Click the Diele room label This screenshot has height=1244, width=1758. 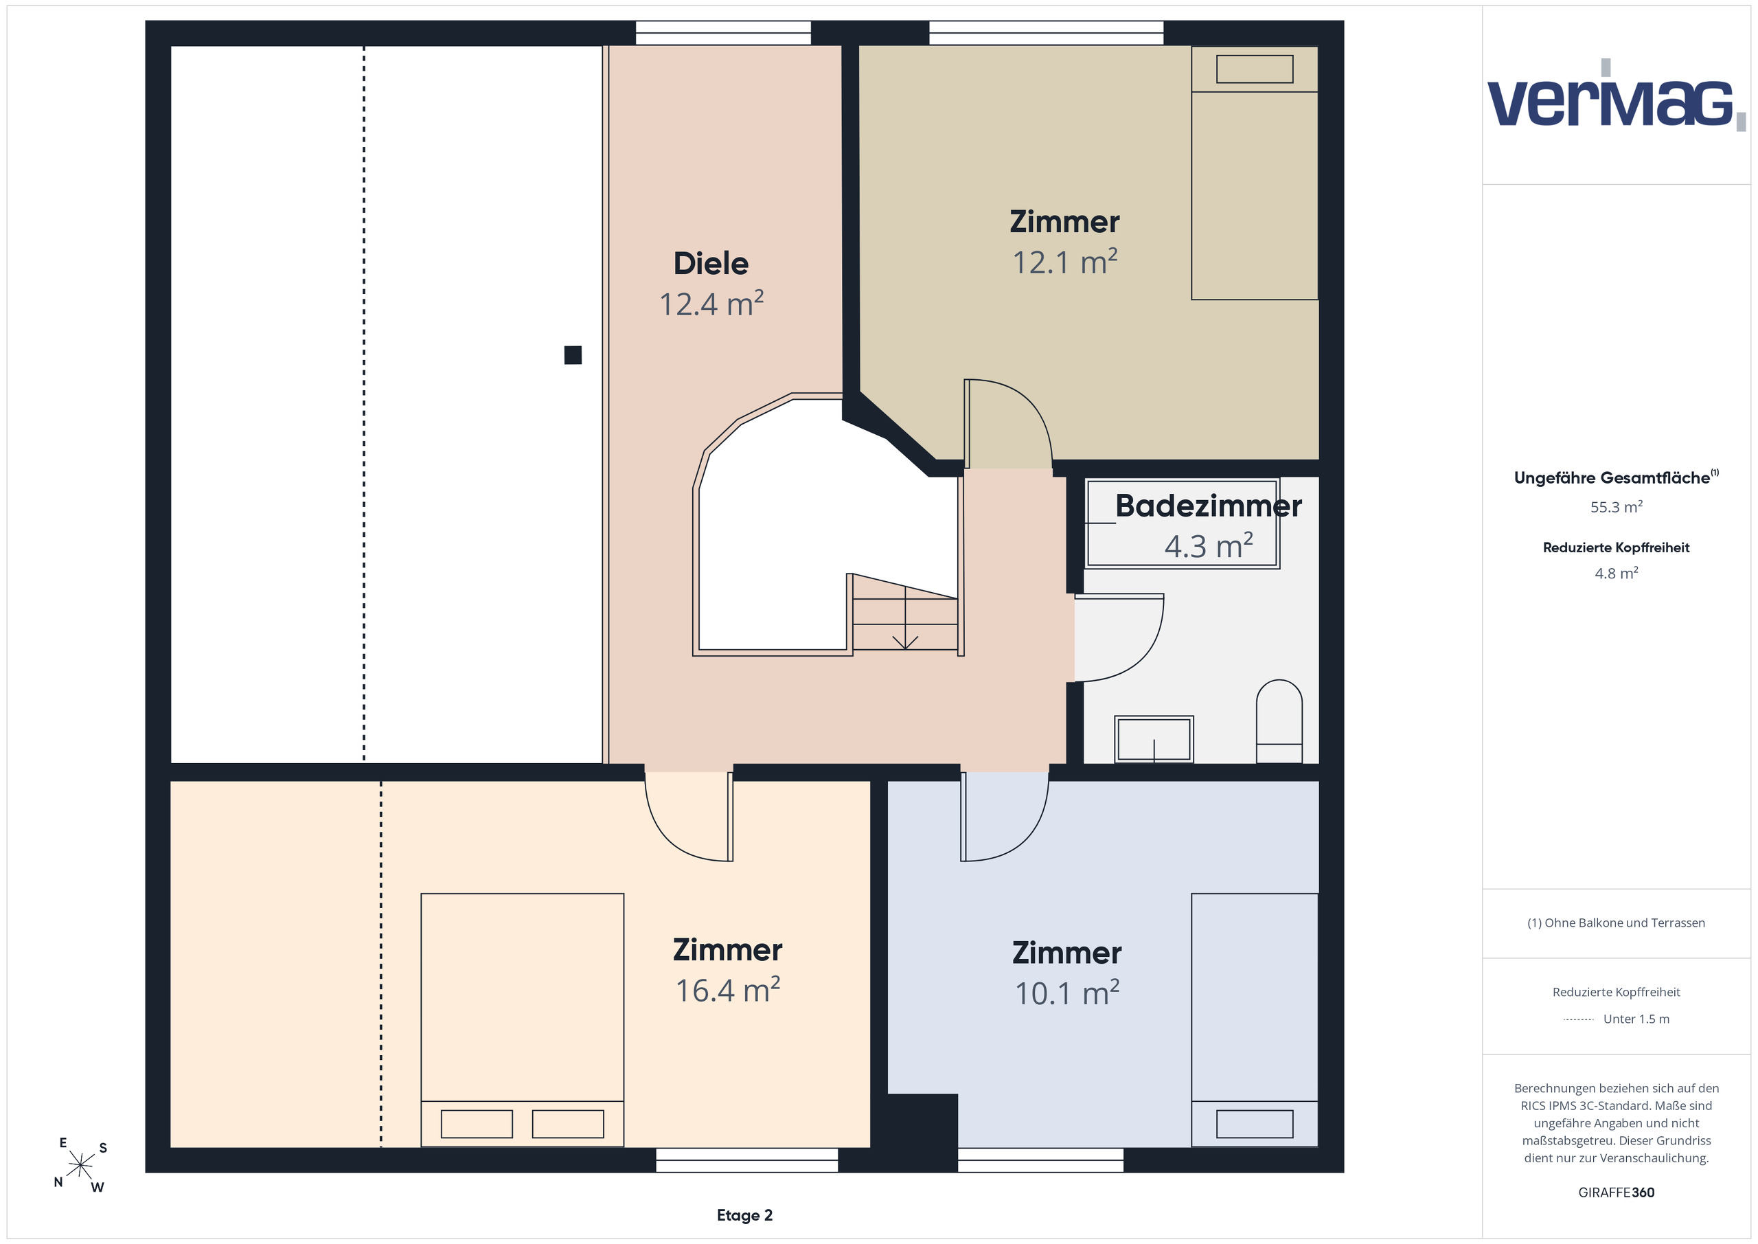[711, 264]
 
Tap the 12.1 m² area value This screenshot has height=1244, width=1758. [1064, 262]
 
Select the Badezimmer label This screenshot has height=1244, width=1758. [1208, 506]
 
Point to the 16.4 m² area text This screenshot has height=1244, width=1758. [727, 990]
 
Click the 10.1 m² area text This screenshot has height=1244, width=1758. [1066, 993]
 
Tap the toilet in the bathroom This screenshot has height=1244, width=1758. [1279, 721]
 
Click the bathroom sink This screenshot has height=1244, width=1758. [1154, 739]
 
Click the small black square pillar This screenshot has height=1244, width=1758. [573, 354]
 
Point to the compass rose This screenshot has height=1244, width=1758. [80, 1165]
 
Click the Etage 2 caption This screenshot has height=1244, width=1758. [744, 1215]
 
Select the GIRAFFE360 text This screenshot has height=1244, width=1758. [1617, 1192]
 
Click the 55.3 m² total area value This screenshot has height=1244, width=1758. [1617, 506]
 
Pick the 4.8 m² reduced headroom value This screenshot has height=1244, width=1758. [1617, 573]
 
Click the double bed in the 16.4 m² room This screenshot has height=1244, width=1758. [522, 1019]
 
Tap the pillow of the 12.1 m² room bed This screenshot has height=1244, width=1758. [1254, 69]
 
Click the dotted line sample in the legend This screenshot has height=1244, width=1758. [1578, 1019]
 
